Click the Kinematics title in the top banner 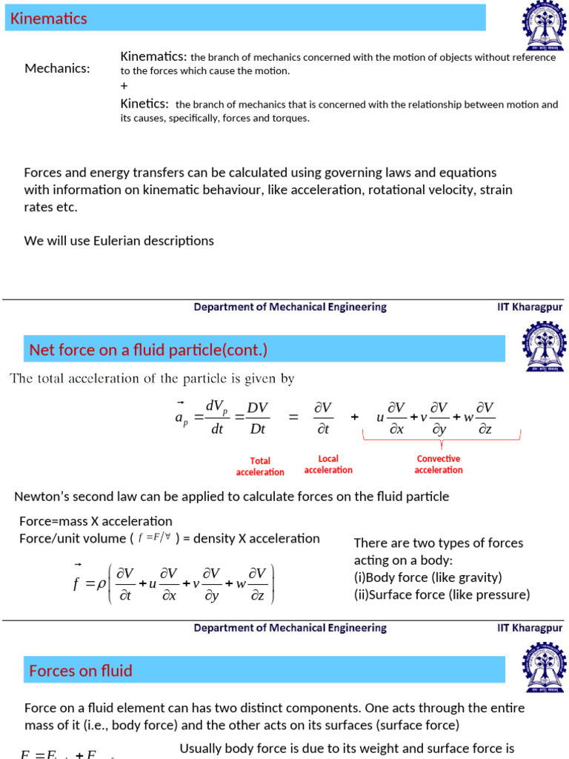(x=49, y=19)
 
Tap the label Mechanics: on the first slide (x=57, y=69)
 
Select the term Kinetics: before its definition (x=144, y=104)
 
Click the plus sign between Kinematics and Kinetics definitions (x=124, y=86)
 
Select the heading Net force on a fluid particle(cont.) (x=148, y=350)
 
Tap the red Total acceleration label (x=260, y=466)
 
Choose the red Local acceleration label (x=328, y=465)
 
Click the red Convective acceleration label (x=439, y=464)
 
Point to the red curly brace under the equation (x=442, y=443)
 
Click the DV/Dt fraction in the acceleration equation (x=257, y=418)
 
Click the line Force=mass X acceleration (x=96, y=521)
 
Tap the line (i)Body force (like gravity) (x=428, y=577)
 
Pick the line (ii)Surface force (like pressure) (x=442, y=594)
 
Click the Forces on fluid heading (x=81, y=671)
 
